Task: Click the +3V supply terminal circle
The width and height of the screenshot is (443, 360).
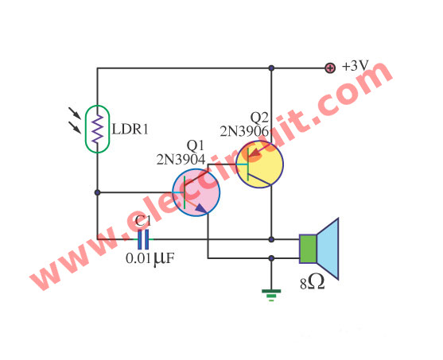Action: pos(330,68)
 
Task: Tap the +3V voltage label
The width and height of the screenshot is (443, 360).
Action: pos(356,66)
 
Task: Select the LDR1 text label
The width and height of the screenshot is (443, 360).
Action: pos(130,130)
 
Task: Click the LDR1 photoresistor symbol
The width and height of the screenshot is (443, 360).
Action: pos(98,129)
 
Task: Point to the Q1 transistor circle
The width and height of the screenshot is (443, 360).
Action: pos(196,192)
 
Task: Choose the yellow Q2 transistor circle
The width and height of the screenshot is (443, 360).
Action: pos(259,164)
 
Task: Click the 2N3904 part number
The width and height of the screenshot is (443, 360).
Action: pos(181,160)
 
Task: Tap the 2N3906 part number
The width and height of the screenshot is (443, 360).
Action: pos(244,131)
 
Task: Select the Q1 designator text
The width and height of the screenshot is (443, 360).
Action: pos(195,146)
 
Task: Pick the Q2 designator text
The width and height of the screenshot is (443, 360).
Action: pos(259,118)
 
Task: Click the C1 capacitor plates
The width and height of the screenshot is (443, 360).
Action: pos(143,239)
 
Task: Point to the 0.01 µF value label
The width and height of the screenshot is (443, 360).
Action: pos(150,258)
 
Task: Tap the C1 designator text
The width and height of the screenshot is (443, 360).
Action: pos(143,222)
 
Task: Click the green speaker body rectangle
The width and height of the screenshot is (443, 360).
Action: pos(308,249)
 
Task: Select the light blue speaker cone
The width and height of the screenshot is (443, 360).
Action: pos(328,249)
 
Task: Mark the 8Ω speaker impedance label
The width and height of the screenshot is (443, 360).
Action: pos(313,283)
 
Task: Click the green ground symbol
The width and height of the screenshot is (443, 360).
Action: pos(271,296)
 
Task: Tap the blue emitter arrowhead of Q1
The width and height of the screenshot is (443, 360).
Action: pos(201,208)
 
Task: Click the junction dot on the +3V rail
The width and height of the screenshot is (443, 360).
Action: pos(271,68)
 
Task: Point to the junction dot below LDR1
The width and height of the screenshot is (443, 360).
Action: pos(98,192)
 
